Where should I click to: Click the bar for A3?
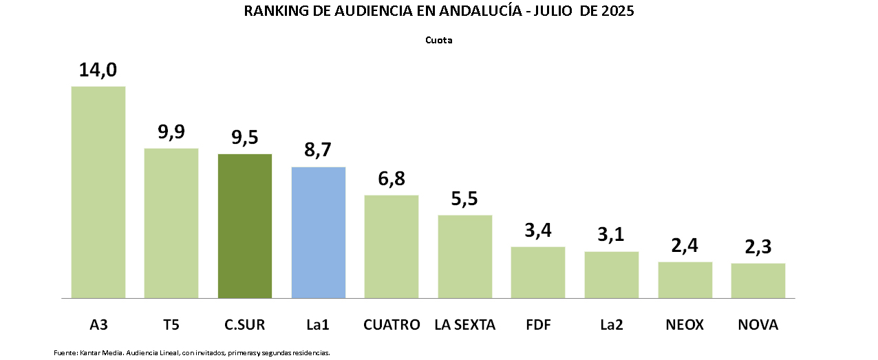point(98,192)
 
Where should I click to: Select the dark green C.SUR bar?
point(245,226)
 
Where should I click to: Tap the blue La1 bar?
point(318,233)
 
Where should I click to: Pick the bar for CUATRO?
point(392,246)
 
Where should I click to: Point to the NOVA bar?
point(758,281)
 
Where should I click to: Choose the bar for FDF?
point(537,273)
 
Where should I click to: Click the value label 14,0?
point(98,70)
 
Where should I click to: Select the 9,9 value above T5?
point(171,131)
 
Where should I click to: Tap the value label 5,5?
point(465,199)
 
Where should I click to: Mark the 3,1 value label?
point(611,235)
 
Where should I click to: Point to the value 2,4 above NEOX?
point(685,246)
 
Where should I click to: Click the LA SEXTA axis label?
point(465,324)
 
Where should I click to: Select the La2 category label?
point(611,324)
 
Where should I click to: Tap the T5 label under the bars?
point(171,324)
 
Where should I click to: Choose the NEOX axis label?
point(685,324)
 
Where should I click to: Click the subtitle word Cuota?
point(438,40)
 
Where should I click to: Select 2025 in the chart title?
point(618,12)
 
